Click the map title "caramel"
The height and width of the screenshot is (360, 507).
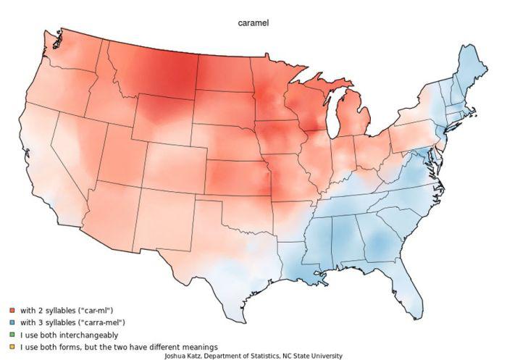(x=253, y=23)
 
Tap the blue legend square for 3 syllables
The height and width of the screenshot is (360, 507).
(x=12, y=322)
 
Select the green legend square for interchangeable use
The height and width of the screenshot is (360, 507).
(x=12, y=335)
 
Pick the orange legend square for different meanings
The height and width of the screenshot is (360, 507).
(x=12, y=348)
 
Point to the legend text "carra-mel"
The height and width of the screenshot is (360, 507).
(x=104, y=322)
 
